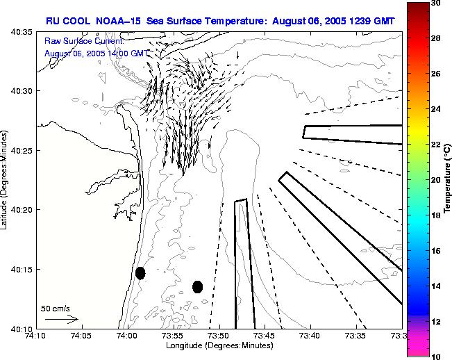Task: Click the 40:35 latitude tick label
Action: click(22, 32)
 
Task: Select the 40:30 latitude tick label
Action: click(22, 91)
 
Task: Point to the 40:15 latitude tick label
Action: click(22, 269)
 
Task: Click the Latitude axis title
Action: click(6, 180)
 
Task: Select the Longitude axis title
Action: click(218, 345)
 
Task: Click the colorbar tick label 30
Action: click(435, 3)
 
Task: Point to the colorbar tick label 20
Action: click(435, 179)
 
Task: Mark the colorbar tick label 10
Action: click(435, 355)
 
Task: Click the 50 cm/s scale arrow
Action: click(60, 319)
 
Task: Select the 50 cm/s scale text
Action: click(56, 308)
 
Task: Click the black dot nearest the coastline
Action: click(140, 272)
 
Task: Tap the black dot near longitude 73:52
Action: click(197, 286)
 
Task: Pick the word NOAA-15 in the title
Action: click(113, 21)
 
